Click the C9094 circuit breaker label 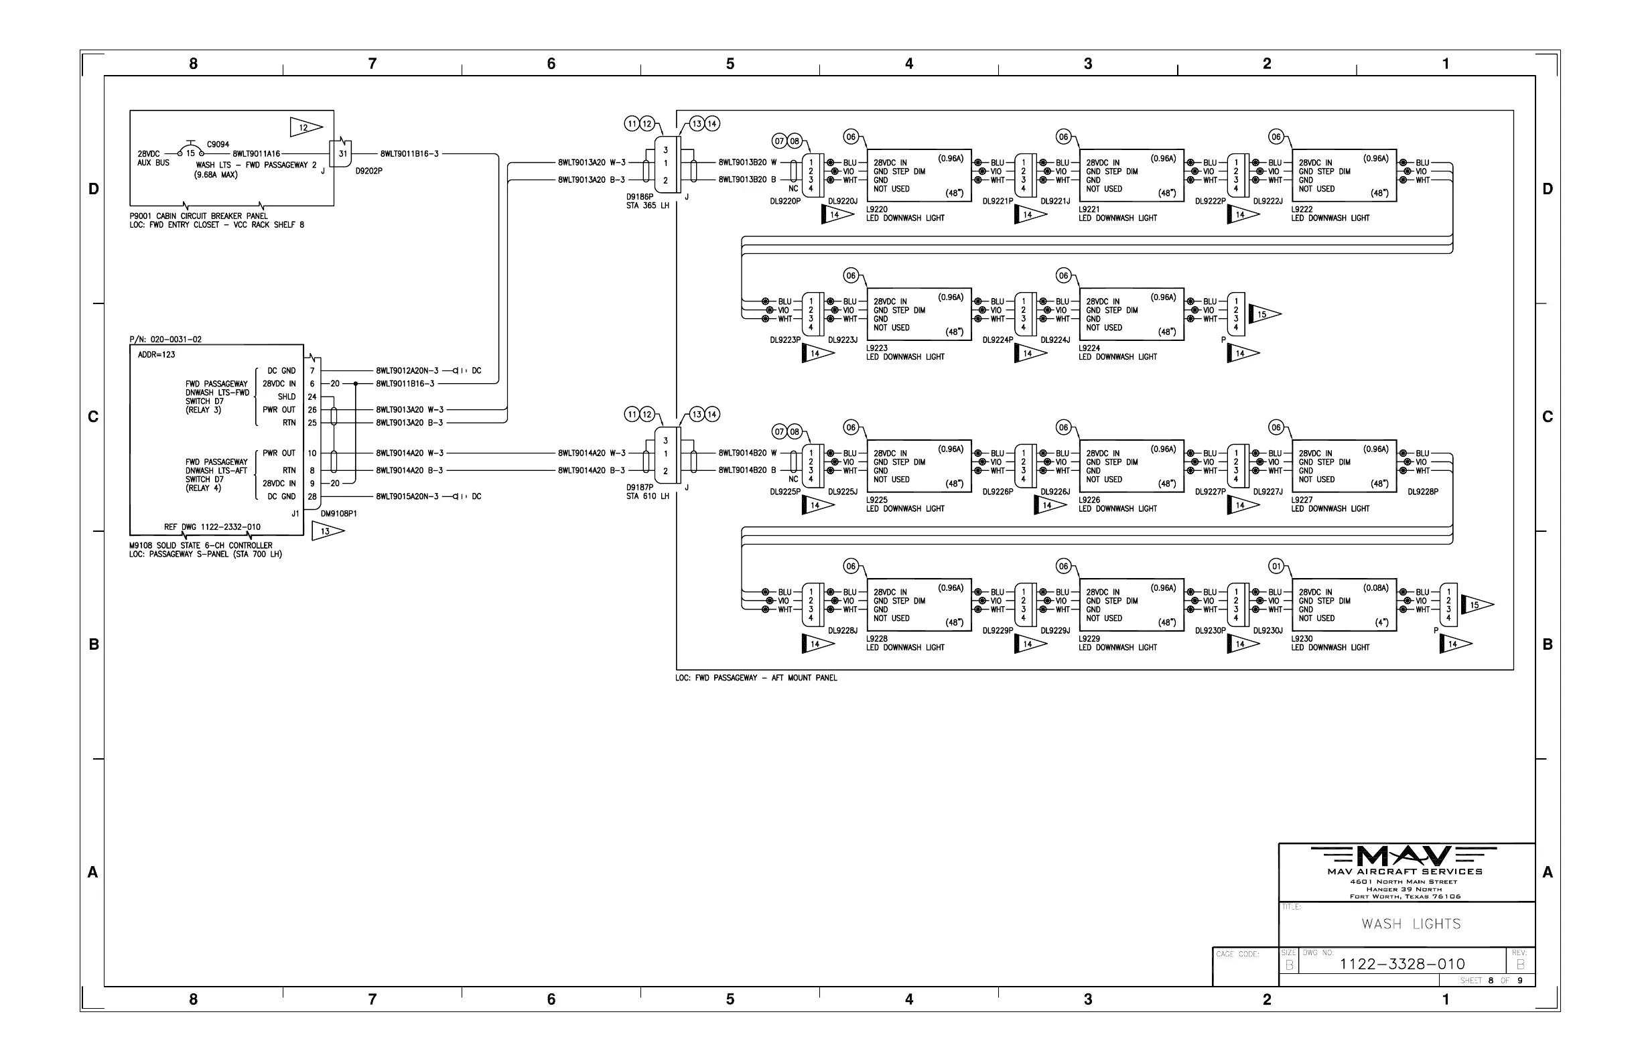coord(218,145)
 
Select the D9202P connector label coord(368,171)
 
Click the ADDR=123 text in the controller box coord(156,355)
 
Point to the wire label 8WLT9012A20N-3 coord(407,370)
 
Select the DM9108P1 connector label coord(339,514)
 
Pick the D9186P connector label coord(640,197)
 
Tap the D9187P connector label coord(640,488)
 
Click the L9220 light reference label coord(876,210)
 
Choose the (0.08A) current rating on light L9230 coord(1375,587)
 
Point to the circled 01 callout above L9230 coord(1276,566)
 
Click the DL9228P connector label coord(1423,492)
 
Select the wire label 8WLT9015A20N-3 coord(407,496)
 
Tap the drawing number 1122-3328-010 coord(1402,964)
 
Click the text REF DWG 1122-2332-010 coord(212,527)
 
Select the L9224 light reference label coord(1089,348)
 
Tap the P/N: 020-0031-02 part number coord(165,340)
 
